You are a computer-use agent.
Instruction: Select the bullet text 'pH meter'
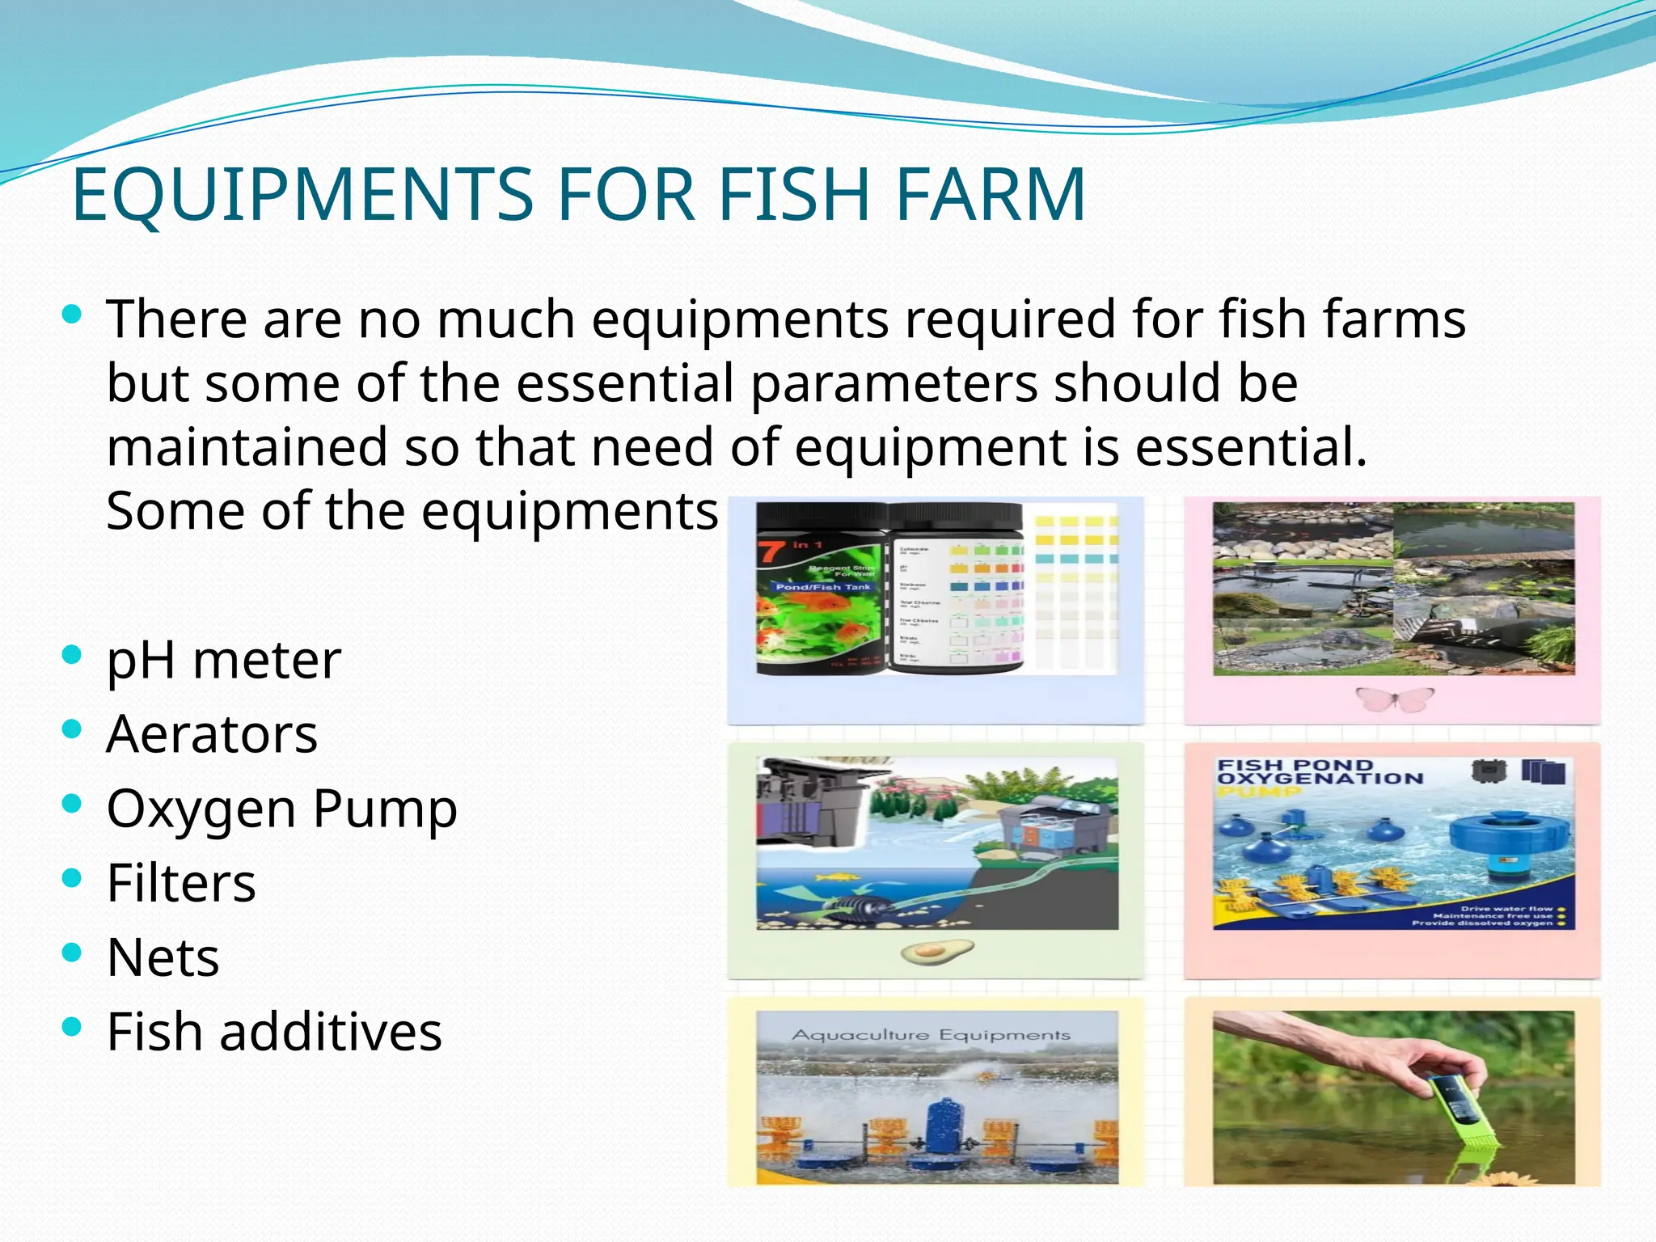(224, 661)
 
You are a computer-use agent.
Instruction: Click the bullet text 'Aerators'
(212, 734)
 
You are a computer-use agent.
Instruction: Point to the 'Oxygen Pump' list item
(281, 809)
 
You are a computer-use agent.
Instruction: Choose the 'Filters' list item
(181, 883)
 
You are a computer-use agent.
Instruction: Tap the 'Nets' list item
(163, 957)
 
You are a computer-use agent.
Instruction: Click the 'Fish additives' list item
(274, 1032)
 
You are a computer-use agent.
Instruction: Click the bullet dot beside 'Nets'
(72, 952)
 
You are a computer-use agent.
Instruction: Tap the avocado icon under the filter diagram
(937, 953)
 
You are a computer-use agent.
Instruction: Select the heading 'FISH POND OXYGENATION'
(1320, 772)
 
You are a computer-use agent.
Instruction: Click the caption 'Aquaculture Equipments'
(931, 1035)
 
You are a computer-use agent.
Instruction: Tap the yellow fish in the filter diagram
(835, 877)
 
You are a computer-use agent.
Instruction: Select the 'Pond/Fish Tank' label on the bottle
(822, 587)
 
